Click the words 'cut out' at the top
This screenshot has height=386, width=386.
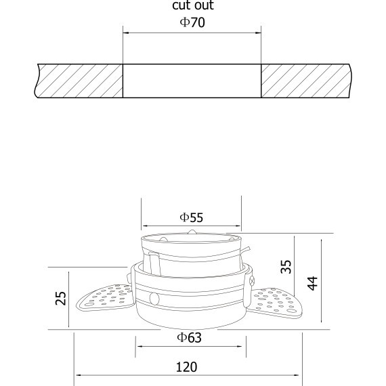click(x=193, y=5)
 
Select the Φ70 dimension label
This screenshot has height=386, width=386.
click(x=192, y=22)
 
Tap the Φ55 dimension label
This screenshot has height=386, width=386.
click(x=192, y=217)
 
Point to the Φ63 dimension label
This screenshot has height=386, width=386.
click(x=190, y=337)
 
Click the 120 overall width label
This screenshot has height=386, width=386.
click(x=187, y=367)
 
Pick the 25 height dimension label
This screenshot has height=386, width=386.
click(x=60, y=299)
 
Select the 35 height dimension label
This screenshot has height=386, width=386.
click(x=286, y=267)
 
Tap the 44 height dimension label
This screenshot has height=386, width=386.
click(x=313, y=283)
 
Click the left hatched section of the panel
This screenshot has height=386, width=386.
click(x=79, y=81)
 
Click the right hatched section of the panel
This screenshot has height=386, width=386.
click(x=306, y=81)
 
